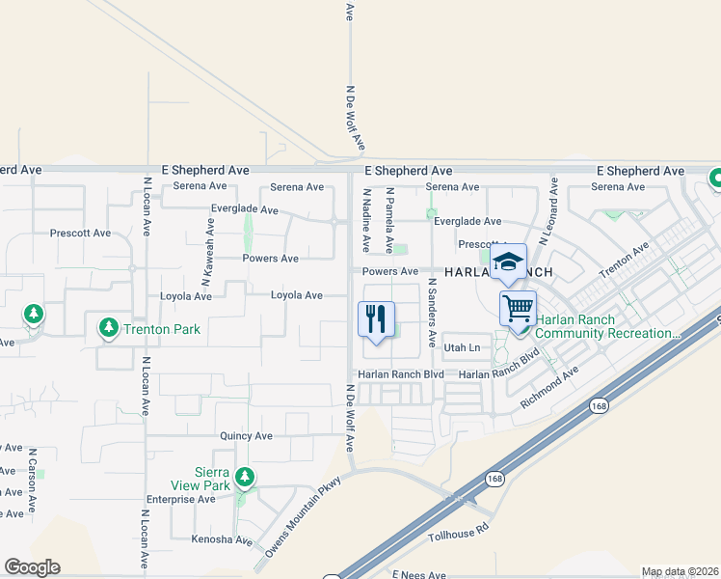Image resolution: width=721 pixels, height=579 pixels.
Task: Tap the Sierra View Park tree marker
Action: pyautogui.click(x=245, y=477)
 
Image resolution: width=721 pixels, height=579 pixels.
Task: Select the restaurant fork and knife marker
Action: pyautogui.click(x=376, y=318)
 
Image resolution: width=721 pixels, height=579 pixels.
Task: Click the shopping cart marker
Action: pyautogui.click(x=518, y=309)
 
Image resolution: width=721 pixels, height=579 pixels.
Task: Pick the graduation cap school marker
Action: pyautogui.click(x=508, y=262)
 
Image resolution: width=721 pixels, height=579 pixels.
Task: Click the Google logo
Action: pyautogui.click(x=32, y=567)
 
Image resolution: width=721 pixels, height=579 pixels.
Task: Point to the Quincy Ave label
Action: pyautogui.click(x=246, y=436)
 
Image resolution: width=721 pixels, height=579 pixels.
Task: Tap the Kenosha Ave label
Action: pyautogui.click(x=221, y=539)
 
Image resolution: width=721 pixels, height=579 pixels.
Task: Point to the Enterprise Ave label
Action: pyautogui.click(x=180, y=500)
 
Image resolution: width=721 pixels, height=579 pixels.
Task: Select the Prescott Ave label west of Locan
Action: pyautogui.click(x=80, y=234)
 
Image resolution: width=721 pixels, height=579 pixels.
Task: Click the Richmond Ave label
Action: pyautogui.click(x=551, y=385)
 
